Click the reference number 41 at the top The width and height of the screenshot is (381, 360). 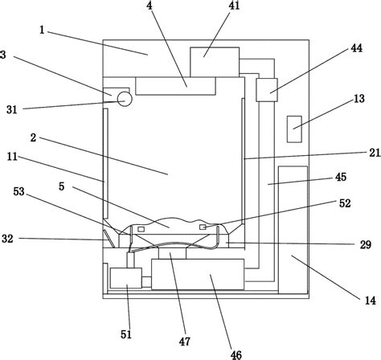(234, 6)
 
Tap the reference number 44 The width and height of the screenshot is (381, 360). (356, 48)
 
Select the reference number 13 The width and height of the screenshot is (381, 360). (359, 99)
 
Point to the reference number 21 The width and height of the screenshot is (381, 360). (375, 153)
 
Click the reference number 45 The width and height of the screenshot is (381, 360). (341, 177)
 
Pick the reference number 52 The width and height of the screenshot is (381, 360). (345, 203)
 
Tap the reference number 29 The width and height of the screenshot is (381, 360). (366, 244)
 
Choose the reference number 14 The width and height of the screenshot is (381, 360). (371, 301)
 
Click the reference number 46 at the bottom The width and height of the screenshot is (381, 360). (236, 355)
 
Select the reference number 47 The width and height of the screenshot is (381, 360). (185, 342)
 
